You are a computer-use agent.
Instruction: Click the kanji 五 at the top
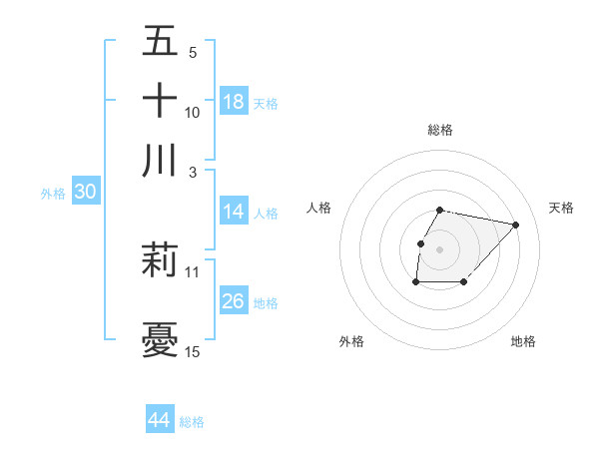point(161,42)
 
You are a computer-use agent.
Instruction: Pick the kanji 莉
point(161,260)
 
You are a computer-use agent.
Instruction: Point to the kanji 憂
point(161,340)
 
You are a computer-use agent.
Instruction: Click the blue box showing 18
point(234,102)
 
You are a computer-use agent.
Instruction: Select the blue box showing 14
point(234,212)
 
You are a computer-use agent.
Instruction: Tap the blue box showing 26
point(234,301)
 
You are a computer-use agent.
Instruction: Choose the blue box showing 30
point(85,193)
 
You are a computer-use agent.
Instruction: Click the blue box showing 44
point(160,420)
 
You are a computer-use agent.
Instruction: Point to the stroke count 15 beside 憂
point(193,351)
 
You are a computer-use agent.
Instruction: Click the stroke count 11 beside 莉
point(193,271)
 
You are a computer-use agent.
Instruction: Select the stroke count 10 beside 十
point(193,112)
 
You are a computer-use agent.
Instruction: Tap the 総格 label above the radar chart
point(440,130)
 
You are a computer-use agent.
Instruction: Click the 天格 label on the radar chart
point(561,208)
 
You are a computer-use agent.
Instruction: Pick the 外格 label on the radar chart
point(351,341)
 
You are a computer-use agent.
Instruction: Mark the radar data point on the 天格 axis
point(516,225)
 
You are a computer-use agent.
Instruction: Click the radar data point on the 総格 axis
point(440,210)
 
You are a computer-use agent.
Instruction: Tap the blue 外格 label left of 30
point(53,194)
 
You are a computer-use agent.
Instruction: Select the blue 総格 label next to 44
point(192,421)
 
